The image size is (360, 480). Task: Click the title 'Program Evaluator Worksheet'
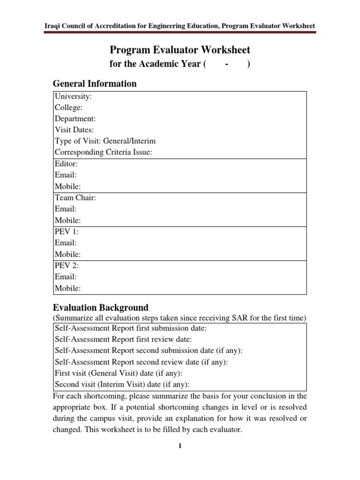180,50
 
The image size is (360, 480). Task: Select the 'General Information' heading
95,84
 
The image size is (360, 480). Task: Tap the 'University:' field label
73,97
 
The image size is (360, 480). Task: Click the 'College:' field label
69,108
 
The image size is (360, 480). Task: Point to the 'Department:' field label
75,119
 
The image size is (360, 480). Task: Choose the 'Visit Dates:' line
74,130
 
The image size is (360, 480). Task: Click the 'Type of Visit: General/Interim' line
105,141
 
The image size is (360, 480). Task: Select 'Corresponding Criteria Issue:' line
103,152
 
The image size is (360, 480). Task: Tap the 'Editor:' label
66,164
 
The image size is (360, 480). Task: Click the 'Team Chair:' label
75,198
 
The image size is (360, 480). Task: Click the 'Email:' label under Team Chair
66,209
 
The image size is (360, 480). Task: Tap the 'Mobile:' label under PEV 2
67,288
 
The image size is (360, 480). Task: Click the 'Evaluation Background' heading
100,308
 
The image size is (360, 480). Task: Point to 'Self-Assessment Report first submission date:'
130,328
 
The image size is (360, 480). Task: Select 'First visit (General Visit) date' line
118,373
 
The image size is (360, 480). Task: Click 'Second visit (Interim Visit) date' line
122,384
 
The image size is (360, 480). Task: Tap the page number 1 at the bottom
180,446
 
